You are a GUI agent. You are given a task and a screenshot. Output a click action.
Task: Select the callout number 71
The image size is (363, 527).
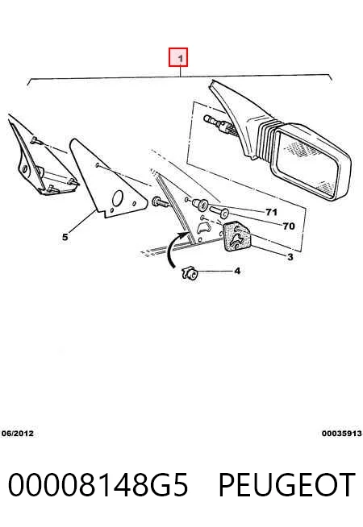pos(271,212)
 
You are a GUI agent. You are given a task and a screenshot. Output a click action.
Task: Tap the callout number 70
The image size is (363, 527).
pos(289,226)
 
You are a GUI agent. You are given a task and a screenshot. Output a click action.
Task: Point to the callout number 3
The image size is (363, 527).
pos(290,257)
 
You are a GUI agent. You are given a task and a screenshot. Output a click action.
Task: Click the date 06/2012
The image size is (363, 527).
pos(18,434)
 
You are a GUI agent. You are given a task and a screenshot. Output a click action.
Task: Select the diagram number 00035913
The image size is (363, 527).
pos(341,434)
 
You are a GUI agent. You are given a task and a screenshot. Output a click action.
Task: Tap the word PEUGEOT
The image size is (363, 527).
pos(286,484)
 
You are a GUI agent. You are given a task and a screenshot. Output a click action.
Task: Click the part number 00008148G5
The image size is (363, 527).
pos(98,484)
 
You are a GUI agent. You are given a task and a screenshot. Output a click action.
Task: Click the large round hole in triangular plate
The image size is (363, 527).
pos(118,198)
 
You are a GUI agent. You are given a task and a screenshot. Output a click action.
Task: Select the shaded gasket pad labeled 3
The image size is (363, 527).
pos(237,237)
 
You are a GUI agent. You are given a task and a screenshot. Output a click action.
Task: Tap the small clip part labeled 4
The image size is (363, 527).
pos(190,272)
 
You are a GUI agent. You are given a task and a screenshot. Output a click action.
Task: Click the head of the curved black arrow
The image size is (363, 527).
pos(186,234)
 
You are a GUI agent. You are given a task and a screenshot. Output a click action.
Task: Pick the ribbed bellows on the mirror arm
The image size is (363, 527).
pos(265,139)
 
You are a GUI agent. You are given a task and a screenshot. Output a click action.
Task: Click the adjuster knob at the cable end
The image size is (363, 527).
pos(210,119)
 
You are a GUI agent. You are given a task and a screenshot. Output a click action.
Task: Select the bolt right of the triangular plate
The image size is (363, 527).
pos(161,203)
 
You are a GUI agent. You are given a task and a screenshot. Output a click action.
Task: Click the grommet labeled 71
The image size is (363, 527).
pos(199,203)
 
